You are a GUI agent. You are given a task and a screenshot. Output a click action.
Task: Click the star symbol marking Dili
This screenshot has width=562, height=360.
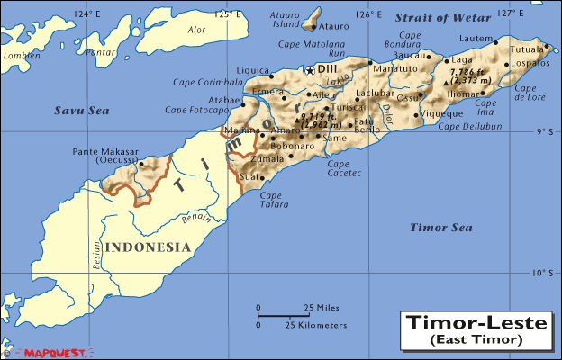311,69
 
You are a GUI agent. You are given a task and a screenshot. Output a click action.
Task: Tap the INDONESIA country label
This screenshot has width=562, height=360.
147,247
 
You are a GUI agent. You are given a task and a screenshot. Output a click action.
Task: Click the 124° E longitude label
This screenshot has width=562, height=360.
87,13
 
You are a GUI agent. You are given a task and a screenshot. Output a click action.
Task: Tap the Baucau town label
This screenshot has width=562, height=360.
408,56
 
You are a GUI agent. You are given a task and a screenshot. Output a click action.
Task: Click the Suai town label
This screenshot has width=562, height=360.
249,177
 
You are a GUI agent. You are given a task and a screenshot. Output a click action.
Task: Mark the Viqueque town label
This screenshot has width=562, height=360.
442,115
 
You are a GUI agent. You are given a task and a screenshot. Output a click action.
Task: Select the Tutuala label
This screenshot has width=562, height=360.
528,49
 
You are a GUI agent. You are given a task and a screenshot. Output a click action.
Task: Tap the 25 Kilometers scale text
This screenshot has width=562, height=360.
315,324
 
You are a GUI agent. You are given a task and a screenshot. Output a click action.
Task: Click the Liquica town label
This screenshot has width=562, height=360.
252,70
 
